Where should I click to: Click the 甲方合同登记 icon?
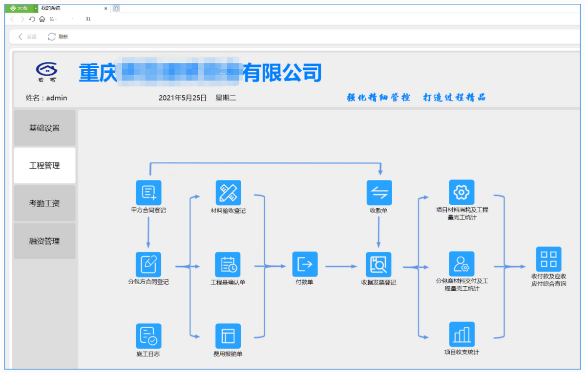click(148, 193)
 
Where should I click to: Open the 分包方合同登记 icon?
click(148, 264)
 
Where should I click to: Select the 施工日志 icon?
click(148, 336)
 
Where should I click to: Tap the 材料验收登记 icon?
click(228, 193)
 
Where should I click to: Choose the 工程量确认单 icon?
click(228, 265)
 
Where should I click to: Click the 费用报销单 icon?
click(228, 336)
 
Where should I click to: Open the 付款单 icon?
click(305, 264)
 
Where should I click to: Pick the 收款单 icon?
click(379, 193)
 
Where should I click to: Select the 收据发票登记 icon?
click(379, 265)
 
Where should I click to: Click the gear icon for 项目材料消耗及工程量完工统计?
click(461, 192)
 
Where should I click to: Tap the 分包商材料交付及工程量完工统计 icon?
click(461, 264)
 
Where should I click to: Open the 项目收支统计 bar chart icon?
click(461, 334)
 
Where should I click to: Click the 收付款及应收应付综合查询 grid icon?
click(548, 259)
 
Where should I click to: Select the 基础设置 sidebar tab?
click(44, 128)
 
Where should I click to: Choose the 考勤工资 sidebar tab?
click(44, 203)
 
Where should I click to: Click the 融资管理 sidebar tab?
click(44, 241)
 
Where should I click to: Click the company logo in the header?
click(46, 72)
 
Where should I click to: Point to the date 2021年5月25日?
click(183, 98)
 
